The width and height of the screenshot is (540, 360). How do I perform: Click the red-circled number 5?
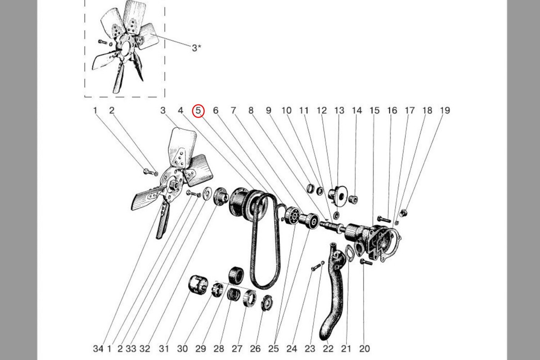point(198,111)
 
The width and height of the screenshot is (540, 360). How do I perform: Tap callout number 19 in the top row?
point(445,110)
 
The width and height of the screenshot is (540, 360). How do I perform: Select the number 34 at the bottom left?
point(98,349)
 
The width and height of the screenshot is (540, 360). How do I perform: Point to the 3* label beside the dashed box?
point(197,48)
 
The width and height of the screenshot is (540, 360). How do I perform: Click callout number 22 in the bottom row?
point(328,349)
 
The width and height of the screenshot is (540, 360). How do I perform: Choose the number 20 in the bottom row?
point(364,349)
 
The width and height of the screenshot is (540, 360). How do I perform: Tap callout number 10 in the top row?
point(287,110)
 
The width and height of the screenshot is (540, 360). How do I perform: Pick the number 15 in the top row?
point(374,110)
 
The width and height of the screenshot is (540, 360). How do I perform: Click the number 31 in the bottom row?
point(164,349)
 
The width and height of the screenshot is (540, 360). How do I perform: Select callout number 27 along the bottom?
point(237,349)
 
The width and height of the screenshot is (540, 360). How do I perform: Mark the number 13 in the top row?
point(339,110)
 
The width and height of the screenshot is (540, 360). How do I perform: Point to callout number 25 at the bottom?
point(274,349)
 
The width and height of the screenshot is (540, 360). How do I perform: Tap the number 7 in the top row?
point(234,110)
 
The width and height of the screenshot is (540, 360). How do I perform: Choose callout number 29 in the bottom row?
point(201,349)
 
